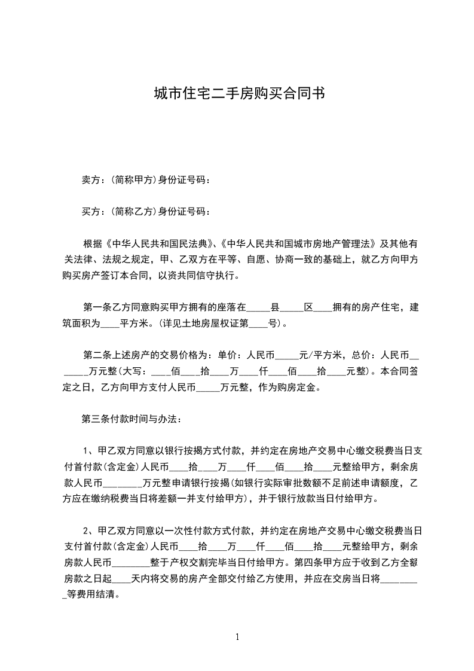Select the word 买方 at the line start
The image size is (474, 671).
90,212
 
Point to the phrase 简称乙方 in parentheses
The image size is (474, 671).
130,212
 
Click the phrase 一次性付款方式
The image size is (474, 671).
172,530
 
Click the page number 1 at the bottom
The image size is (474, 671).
237,637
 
